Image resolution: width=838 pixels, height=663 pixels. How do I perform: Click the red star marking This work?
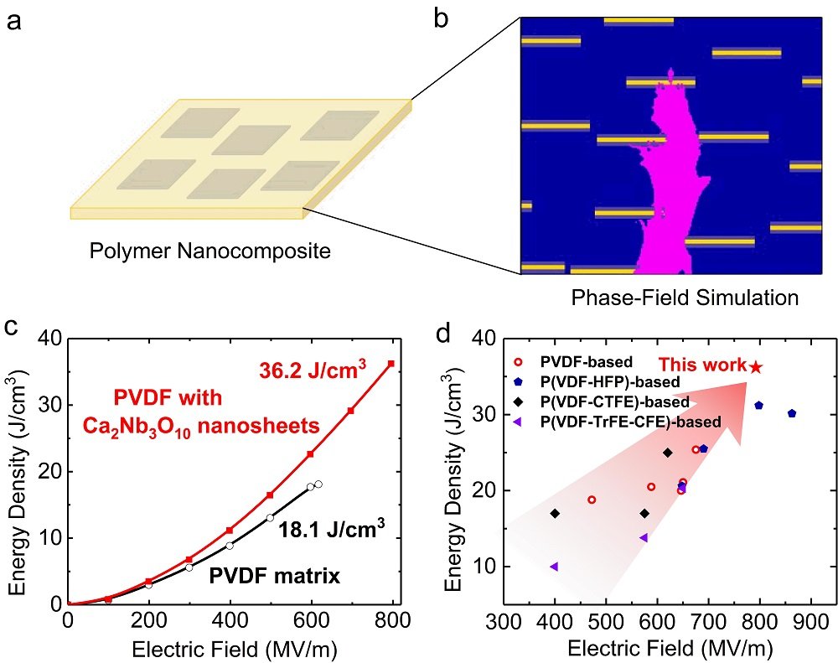[756, 366]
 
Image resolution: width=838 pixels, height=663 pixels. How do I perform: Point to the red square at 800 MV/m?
[391, 364]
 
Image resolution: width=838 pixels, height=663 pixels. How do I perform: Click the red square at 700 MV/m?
[350, 411]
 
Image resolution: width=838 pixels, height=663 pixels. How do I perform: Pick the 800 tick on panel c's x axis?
[391, 622]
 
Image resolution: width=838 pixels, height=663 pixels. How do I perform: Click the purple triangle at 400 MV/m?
[554, 567]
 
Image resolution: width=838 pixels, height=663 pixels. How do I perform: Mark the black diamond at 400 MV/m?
[554, 513]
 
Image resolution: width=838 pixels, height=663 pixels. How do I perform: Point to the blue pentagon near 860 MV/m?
[791, 413]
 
